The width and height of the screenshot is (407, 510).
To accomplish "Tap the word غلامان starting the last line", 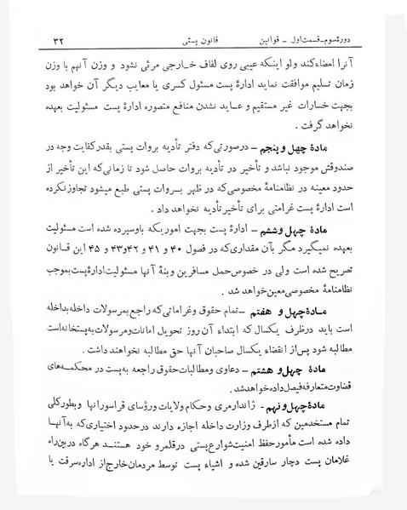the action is click(x=357, y=484).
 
